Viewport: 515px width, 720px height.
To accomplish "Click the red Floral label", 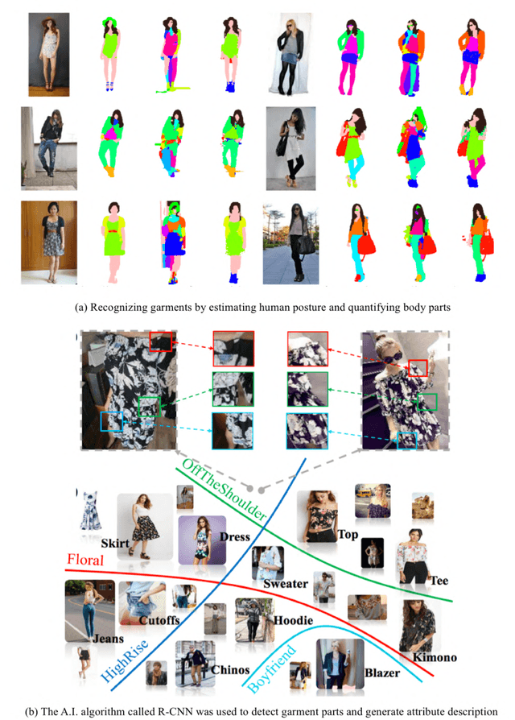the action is [85, 560].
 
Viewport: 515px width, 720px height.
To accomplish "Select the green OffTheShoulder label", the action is [225, 490].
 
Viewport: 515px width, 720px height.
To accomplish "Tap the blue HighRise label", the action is [124, 660].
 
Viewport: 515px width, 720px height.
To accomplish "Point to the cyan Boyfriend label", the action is [272, 669].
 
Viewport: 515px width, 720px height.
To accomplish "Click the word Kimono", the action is [435, 657].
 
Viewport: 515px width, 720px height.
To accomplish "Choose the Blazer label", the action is [382, 672].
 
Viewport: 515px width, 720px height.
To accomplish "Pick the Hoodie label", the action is [293, 620].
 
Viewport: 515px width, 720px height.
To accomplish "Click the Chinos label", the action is [230, 669].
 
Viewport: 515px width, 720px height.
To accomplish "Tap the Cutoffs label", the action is [159, 620].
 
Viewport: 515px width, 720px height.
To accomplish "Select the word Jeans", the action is [108, 639].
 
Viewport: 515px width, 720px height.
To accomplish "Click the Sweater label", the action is [285, 584].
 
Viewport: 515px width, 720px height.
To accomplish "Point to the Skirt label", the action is [114, 543].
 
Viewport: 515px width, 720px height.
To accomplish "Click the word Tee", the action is [439, 581].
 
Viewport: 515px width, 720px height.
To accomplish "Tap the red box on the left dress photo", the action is [160, 341].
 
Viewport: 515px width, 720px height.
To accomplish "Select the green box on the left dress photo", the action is [150, 407].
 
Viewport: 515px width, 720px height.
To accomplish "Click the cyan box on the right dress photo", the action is [407, 441].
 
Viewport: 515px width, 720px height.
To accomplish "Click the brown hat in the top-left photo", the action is [48, 22].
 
